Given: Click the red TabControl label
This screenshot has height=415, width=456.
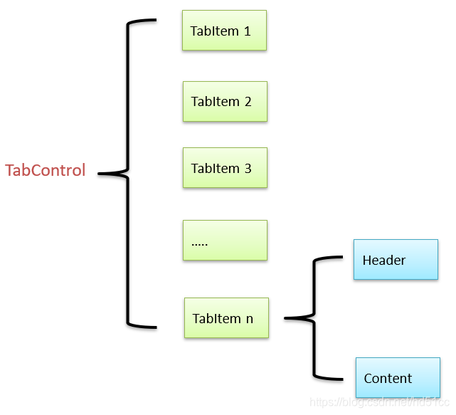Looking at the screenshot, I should click(46, 171).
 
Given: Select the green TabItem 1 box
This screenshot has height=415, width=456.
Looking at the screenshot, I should click(224, 31).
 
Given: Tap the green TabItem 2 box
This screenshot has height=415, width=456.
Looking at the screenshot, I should click(225, 101).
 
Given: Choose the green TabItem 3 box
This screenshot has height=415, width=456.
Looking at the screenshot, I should click(225, 168).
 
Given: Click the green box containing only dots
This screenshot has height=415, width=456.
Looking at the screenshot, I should click(225, 240).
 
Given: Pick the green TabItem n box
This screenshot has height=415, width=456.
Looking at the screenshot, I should click(226, 317).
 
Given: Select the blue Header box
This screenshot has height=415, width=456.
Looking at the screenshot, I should click(396, 259).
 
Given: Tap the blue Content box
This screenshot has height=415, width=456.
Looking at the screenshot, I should click(398, 377).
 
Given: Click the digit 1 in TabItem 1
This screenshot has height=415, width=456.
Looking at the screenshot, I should click(247, 31).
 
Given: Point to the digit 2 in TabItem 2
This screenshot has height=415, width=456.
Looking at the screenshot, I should click(248, 102).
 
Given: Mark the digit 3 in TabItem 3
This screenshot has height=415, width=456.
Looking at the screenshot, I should click(248, 169).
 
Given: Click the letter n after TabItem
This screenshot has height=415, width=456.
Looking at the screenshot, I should click(249, 319).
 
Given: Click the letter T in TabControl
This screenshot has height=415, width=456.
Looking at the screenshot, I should click(9, 171).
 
